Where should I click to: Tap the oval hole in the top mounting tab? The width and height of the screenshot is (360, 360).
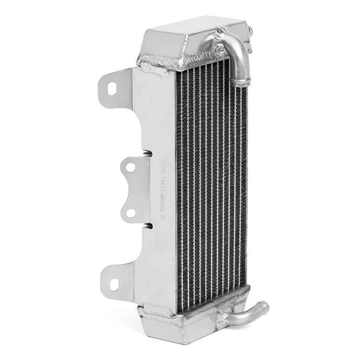coord(112,88)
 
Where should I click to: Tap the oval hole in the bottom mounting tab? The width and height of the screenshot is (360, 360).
coord(113,284)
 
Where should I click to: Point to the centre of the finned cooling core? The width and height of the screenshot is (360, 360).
coord(211,182)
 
